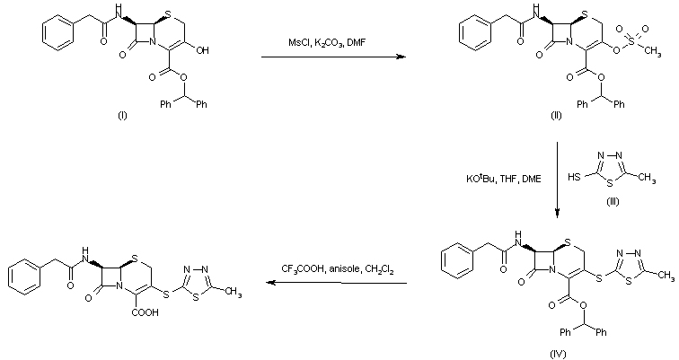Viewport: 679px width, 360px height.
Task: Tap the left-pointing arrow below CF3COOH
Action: [x=332, y=284]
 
